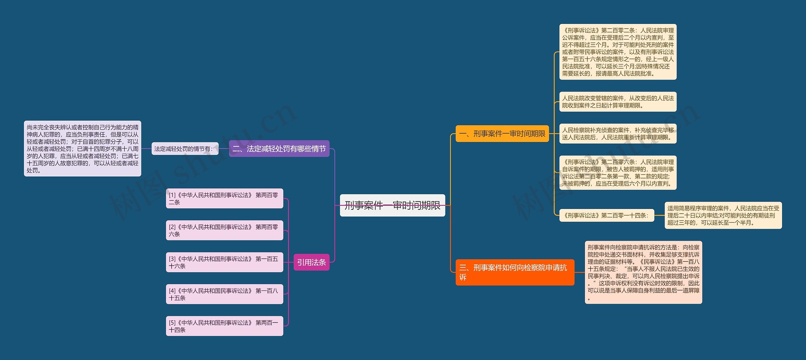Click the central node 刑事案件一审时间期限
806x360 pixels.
[x=392, y=205]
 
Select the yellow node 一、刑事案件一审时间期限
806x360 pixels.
[x=502, y=134]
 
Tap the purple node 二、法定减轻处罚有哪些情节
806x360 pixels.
[x=279, y=149]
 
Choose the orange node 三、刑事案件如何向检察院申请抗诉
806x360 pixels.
[x=514, y=272]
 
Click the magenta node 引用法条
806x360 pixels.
[x=311, y=262]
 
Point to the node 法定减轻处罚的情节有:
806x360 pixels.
[x=185, y=149]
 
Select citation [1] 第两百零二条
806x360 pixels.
[x=224, y=199]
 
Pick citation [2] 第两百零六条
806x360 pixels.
[x=224, y=230]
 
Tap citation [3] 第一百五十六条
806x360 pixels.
[x=224, y=262]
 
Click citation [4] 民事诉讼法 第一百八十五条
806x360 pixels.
[x=224, y=294]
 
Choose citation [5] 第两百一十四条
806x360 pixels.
[x=224, y=326]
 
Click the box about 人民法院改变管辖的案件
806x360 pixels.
[x=618, y=102]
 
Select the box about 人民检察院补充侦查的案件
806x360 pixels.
[x=618, y=133]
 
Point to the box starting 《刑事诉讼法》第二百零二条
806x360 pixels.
[x=618, y=52]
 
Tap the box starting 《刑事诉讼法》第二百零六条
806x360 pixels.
[x=618, y=172]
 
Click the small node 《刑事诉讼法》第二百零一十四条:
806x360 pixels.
[x=606, y=216]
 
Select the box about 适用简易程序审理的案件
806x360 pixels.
[x=723, y=216]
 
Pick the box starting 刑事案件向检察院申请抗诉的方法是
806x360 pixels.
[x=643, y=272]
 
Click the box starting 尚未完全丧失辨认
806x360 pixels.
[x=82, y=149]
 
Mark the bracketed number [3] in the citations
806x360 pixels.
[x=172, y=259]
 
